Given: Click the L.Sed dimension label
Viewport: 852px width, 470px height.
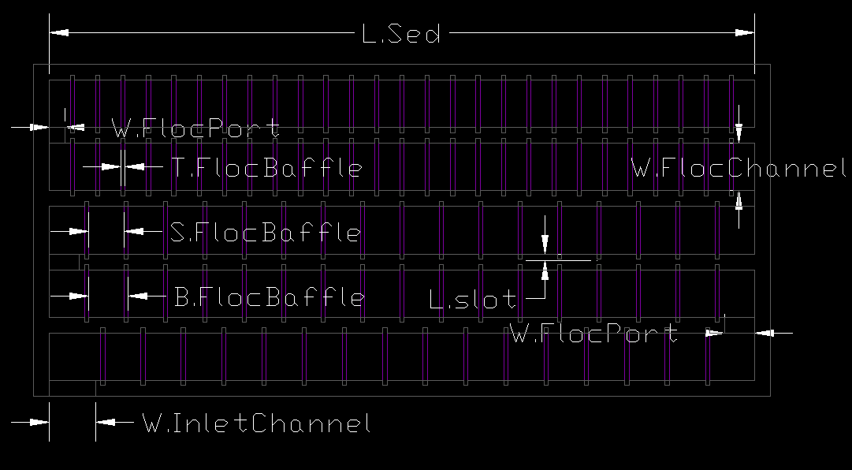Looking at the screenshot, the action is click(x=401, y=34).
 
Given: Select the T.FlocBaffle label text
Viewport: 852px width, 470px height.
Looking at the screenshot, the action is click(x=267, y=167).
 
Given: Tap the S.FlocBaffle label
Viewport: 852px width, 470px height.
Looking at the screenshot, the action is click(x=265, y=232).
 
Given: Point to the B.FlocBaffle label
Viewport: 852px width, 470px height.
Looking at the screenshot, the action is click(x=270, y=297).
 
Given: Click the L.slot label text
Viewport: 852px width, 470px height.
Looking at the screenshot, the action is click(x=473, y=299).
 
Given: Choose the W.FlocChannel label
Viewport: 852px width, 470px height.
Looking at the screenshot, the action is click(x=739, y=168).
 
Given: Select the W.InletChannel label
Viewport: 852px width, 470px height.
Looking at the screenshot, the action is click(x=256, y=423).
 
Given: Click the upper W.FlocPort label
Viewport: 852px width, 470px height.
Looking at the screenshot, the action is click(x=195, y=129).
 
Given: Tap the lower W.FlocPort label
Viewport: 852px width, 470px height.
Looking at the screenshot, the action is click(x=594, y=333).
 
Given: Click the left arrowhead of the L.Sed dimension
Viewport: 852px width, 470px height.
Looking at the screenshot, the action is click(x=58, y=32).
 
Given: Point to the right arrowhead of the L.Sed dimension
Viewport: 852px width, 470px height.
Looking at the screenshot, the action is click(x=745, y=32).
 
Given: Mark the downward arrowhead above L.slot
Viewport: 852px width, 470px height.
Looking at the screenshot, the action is click(x=545, y=244).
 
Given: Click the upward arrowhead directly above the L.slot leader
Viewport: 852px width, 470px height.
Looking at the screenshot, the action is click(x=545, y=270).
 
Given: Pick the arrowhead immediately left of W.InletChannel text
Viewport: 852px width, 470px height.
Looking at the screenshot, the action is click(x=106, y=422).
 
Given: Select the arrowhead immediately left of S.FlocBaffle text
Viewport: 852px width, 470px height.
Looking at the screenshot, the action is click(x=134, y=232).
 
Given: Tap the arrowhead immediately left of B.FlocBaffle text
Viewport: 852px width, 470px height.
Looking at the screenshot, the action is click(x=137, y=297).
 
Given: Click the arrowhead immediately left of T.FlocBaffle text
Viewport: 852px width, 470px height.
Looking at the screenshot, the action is click(x=135, y=167).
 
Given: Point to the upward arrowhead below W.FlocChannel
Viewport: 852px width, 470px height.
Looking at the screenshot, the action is click(x=739, y=201).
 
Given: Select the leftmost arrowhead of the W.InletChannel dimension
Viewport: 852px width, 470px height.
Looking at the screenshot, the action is click(x=39, y=422).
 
